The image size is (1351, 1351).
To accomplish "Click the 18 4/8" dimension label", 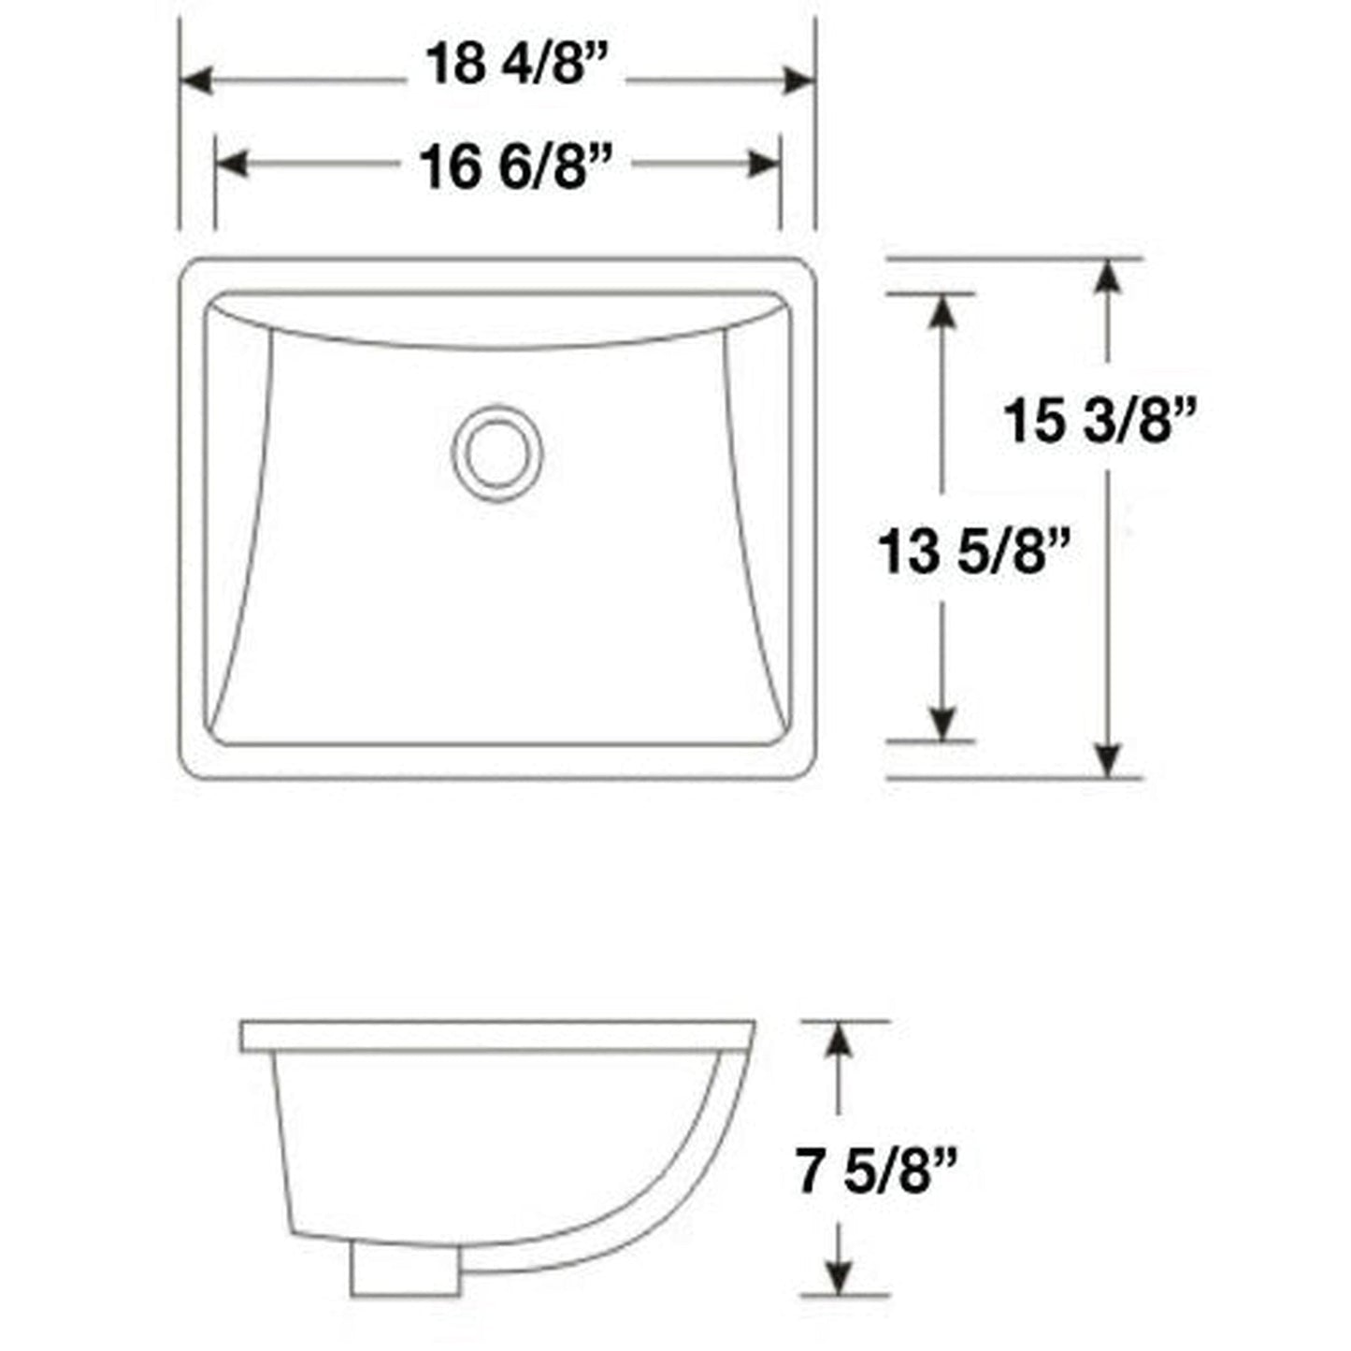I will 516,65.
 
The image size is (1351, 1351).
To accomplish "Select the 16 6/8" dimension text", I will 515,168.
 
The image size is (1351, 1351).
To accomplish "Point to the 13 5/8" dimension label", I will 972,551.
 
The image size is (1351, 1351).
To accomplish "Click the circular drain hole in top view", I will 496,453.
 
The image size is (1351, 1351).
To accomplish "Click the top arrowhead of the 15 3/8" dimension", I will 1108,278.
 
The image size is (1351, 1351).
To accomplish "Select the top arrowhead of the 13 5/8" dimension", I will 942,312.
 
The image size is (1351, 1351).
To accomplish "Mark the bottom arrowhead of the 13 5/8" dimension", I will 942,722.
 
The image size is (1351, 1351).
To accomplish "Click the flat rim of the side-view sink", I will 496,1036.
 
